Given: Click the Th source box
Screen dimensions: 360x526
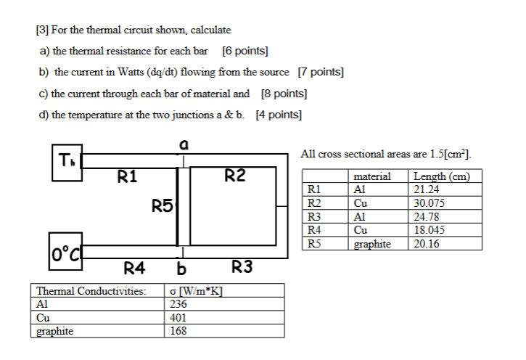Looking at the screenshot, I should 67,160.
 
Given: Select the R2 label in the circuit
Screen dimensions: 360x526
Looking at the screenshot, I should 235,175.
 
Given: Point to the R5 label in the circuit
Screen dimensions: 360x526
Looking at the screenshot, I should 163,206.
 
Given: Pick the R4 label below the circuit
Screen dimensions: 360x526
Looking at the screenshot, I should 135,269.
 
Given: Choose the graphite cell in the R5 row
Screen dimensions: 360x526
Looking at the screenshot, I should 372,244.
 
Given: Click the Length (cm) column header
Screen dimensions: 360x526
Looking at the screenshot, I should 441,176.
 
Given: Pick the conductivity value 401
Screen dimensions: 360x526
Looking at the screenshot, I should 178,317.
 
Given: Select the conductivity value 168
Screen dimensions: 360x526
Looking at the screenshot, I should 178,330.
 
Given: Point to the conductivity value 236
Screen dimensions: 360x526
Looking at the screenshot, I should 178,304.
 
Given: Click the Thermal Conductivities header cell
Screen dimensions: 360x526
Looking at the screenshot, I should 91,291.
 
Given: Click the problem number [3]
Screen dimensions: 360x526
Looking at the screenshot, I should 42,30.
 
